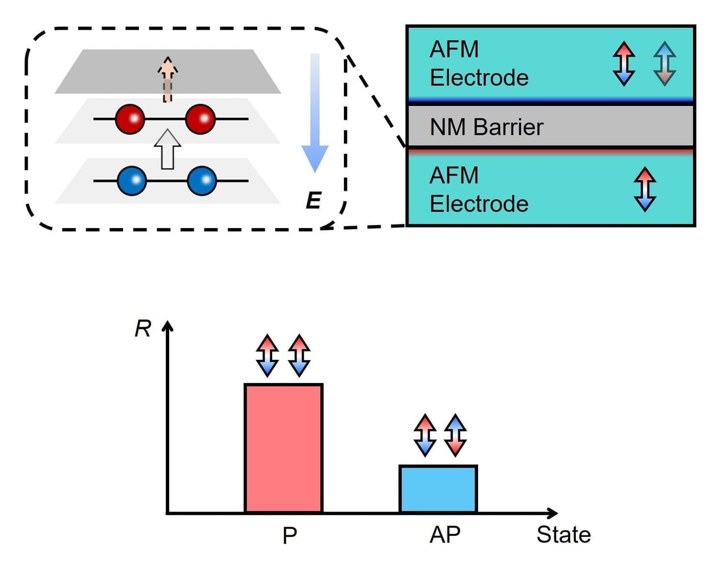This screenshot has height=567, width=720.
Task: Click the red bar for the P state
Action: (284, 448)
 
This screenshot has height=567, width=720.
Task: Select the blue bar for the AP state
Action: (438, 489)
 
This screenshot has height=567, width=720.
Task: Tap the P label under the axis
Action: (289, 535)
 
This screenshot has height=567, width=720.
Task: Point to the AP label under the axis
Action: (445, 534)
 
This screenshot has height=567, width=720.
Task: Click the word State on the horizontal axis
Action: (563, 534)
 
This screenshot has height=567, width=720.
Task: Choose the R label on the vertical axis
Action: (143, 329)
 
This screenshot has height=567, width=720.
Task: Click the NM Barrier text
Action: (486, 127)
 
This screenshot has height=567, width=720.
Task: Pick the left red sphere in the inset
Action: (130, 118)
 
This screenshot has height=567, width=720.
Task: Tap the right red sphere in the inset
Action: (200, 118)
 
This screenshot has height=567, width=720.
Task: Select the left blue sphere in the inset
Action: (132, 181)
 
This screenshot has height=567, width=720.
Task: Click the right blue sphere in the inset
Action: (202, 181)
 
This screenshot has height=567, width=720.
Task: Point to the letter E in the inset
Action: (313, 200)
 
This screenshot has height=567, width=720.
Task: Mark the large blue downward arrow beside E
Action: (315, 113)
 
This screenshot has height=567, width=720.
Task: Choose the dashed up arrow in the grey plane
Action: (167, 79)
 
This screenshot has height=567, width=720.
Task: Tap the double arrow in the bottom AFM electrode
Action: (645, 189)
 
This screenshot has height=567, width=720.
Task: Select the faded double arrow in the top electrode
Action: (665, 64)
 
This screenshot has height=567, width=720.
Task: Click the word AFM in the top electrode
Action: (454, 49)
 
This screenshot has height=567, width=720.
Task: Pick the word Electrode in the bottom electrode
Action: (479, 204)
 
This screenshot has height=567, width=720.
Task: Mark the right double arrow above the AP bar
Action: (455, 435)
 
